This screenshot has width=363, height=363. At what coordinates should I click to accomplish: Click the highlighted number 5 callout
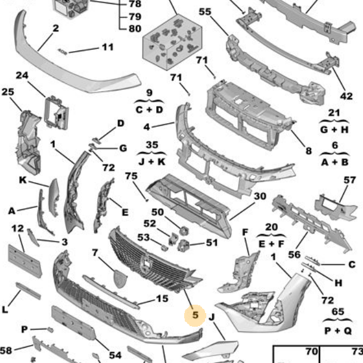196,315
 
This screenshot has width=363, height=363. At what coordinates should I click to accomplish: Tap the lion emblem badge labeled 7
120,278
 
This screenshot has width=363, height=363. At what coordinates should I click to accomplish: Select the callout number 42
346,96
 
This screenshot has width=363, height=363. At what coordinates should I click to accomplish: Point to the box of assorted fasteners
172,42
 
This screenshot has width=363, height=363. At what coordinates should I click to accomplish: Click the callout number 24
22,75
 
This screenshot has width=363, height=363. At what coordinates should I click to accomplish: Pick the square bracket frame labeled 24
57,112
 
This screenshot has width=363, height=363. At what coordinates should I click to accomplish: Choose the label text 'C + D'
150,109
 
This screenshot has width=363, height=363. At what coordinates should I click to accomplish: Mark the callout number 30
260,196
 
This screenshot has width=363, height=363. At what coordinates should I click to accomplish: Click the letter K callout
23,180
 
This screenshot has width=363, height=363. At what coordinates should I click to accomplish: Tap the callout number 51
212,243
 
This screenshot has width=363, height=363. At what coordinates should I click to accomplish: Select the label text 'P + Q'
338,331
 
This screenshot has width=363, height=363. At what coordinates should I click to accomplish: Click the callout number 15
162,298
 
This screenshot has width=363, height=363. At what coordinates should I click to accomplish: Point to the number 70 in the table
311,352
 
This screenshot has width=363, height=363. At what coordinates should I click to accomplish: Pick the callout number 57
349,180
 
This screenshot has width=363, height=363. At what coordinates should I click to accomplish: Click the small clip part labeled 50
184,231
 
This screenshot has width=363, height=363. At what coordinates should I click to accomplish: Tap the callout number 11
108,47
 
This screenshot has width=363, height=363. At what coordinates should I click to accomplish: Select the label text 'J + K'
152,161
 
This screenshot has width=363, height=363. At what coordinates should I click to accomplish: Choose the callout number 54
115,355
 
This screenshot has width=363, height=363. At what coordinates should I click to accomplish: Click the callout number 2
55,28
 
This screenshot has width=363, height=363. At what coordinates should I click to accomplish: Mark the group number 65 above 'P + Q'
338,311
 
